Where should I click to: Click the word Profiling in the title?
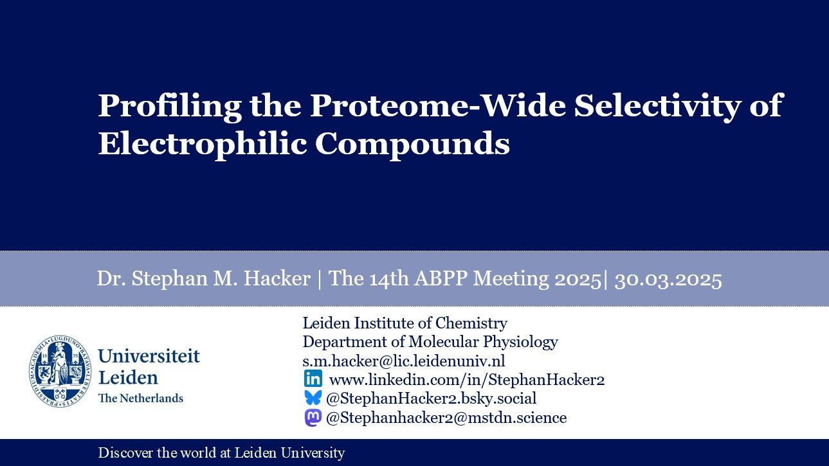click(x=170, y=107)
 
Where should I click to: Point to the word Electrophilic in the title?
click(x=202, y=144)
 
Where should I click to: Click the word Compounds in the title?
click(x=412, y=144)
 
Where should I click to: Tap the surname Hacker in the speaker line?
click(x=277, y=278)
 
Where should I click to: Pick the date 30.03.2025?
click(x=668, y=279)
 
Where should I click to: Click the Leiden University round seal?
click(x=60, y=372)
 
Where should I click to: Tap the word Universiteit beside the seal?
click(x=149, y=356)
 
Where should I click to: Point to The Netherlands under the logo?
click(x=141, y=398)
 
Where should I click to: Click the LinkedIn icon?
click(x=313, y=379)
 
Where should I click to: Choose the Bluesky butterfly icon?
click(x=313, y=398)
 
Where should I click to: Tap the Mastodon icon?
click(x=313, y=418)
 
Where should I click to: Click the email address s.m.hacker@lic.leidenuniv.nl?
click(x=404, y=361)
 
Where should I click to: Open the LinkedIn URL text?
click(x=467, y=379)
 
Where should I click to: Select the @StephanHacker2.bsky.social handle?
click(x=431, y=399)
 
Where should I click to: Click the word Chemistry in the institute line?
click(x=471, y=323)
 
